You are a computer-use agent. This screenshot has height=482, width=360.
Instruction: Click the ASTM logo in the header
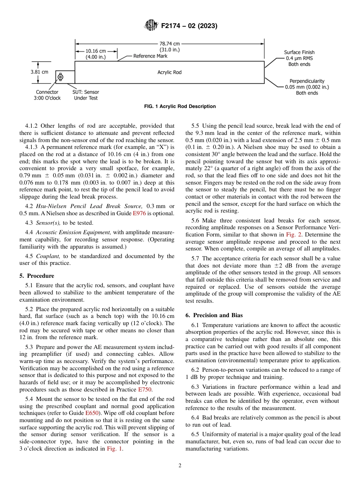pos(151,26)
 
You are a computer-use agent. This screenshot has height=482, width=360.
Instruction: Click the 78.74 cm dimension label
pos(169,47)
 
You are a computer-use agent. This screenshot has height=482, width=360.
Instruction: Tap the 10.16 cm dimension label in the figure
pos(95,54)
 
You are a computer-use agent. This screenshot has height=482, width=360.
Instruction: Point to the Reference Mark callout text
pos(150,56)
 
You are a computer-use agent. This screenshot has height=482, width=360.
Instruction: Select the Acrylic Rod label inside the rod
pos(169,72)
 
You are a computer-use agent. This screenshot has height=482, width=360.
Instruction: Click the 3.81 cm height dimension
pos(39,72)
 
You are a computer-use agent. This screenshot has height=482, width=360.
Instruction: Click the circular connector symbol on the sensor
pos(60,77)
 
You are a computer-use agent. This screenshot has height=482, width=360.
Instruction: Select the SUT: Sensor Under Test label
pos(86,95)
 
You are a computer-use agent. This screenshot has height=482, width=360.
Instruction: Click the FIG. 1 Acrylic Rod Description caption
pos(180,106)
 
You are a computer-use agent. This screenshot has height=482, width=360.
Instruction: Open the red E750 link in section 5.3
pos(145,390)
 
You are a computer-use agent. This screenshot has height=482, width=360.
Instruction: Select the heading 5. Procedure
pos(37,276)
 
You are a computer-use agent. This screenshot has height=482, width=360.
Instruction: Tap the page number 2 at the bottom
pos(180,466)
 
